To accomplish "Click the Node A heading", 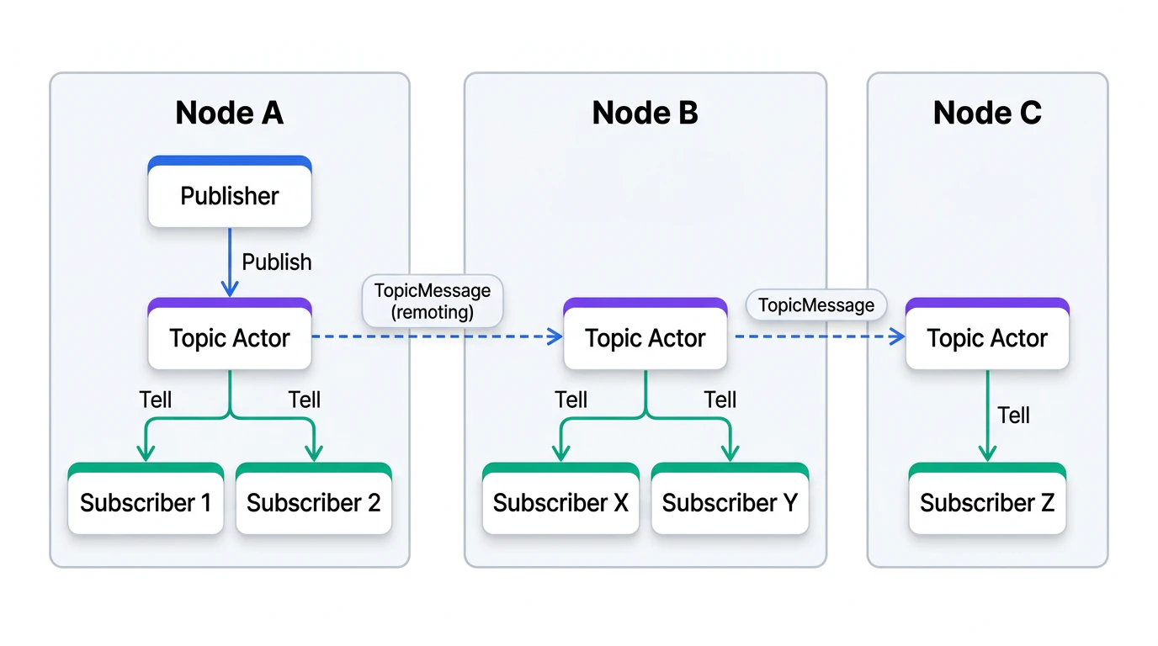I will point(229,113).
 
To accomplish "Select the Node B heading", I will point(645,113).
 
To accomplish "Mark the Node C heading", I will point(987,113).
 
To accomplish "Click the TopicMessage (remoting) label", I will point(433,301).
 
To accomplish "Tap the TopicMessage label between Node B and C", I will point(816,304).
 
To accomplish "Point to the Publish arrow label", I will point(277,262).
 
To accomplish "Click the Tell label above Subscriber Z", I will point(1013,415).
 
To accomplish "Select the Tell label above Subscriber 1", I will point(156,400).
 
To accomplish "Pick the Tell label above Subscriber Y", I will point(720,400).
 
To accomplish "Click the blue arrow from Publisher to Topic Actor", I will point(230,261).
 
